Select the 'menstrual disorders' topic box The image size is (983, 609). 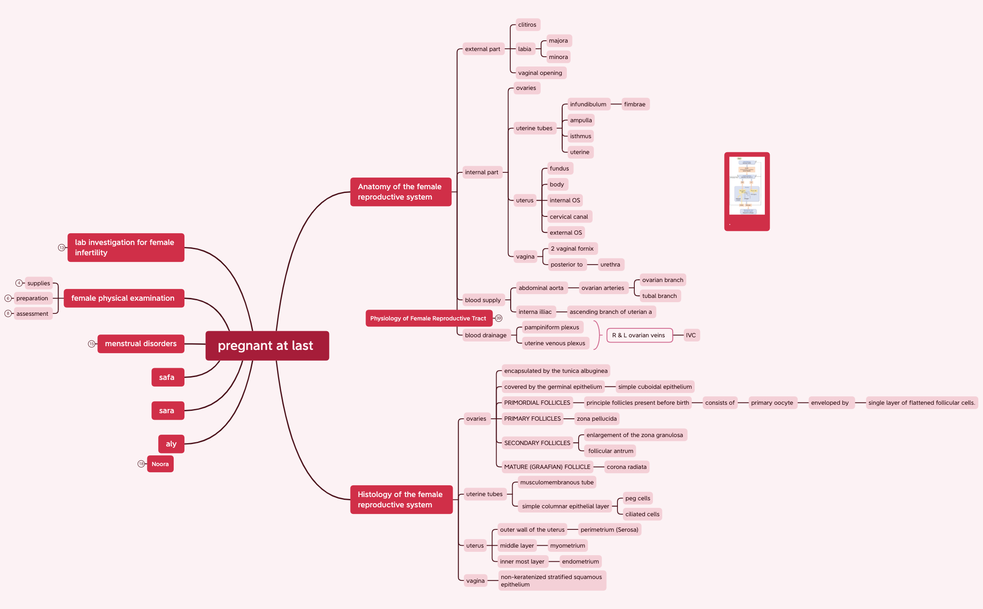pyautogui.click(x=140, y=344)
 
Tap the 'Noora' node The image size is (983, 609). pyautogui.click(x=160, y=464)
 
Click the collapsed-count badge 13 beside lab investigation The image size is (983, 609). pyautogui.click(x=61, y=248)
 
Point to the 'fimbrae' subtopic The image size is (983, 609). pyautogui.click(x=634, y=104)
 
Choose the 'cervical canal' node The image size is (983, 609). pyautogui.click(x=568, y=217)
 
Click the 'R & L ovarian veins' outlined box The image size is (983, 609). pyautogui.click(x=638, y=335)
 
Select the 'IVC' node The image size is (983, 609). pyautogui.click(x=690, y=335)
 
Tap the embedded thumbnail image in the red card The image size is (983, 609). pyautogui.click(x=747, y=186)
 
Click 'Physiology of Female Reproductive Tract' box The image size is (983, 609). pyautogui.click(x=428, y=319)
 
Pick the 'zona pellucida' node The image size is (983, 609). pyautogui.click(x=596, y=419)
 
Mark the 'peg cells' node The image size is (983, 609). pyautogui.click(x=638, y=498)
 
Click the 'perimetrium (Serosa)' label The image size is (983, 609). pyautogui.click(x=609, y=530)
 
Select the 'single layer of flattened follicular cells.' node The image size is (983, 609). pyautogui.click(x=921, y=403)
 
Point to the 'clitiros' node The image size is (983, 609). pyautogui.click(x=527, y=25)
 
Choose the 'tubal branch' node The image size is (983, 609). pyautogui.click(x=659, y=296)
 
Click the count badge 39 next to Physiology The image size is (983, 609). pyautogui.click(x=499, y=319)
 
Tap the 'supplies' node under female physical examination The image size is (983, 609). pyautogui.click(x=38, y=283)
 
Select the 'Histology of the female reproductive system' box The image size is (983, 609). pyautogui.click(x=401, y=500)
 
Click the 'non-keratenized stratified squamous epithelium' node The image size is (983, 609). pyautogui.click(x=551, y=581)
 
